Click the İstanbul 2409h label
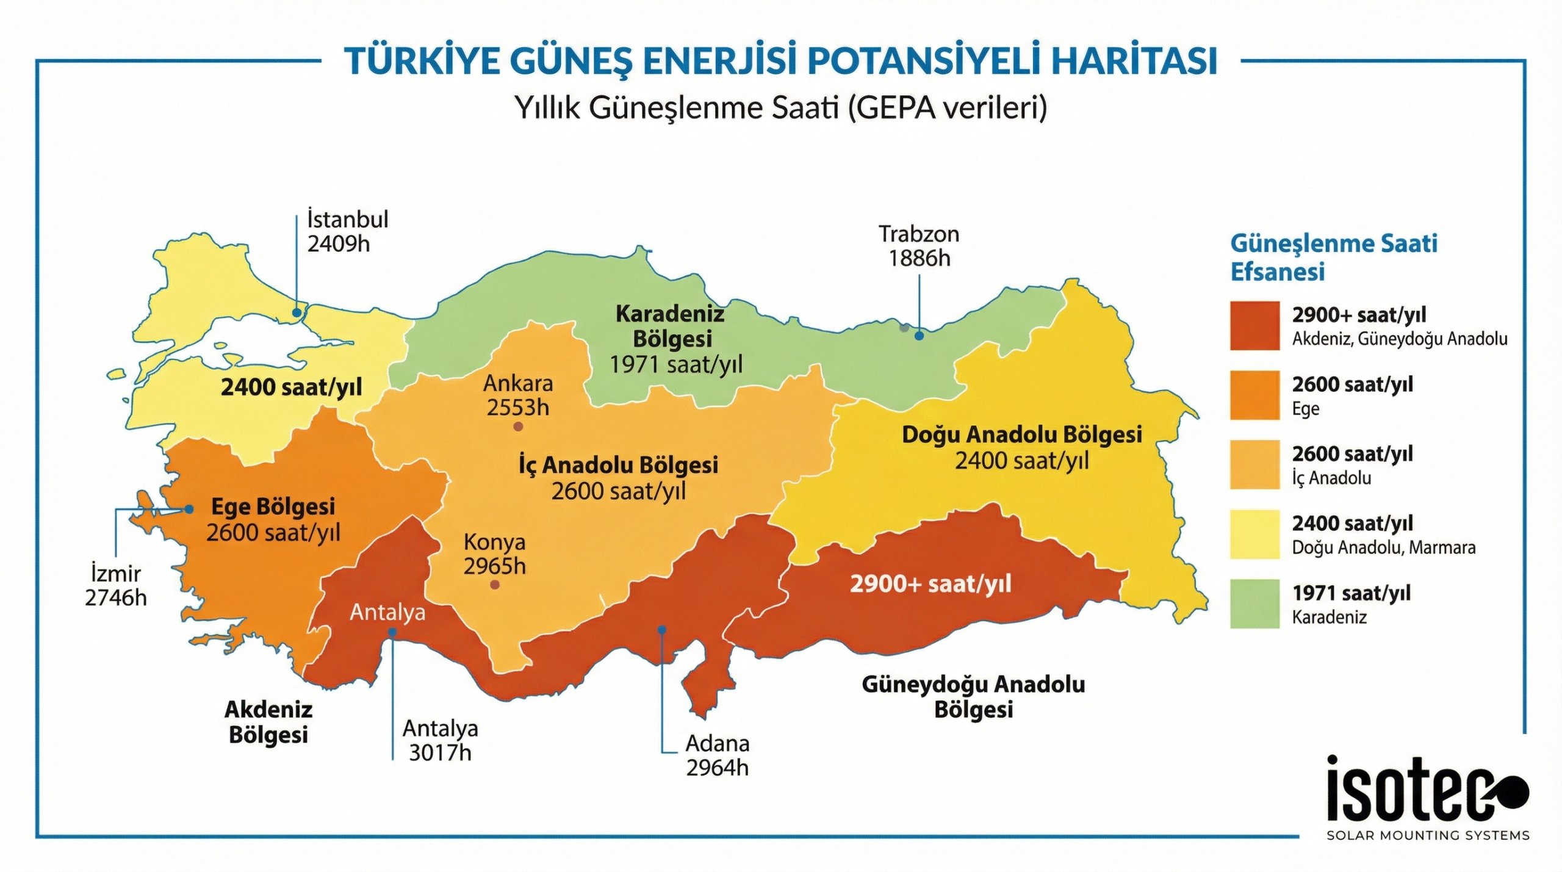coord(347,231)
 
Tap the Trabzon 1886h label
coord(918,246)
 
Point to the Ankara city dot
coord(518,427)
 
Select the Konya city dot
coord(495,585)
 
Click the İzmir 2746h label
coord(115,586)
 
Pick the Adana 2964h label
coord(717,755)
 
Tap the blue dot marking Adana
coord(661,629)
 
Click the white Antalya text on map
coord(387,612)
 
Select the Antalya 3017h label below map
coord(440,740)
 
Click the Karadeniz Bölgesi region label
coord(671,326)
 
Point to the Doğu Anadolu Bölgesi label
coord(1021,435)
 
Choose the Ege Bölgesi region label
coord(273,506)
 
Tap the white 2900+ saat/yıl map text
coord(930,584)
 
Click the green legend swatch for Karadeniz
coord(1254,604)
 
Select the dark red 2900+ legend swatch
coord(1254,325)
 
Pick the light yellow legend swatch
coord(1254,534)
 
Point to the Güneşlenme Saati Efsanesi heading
coord(1333,257)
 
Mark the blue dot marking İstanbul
coord(297,312)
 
